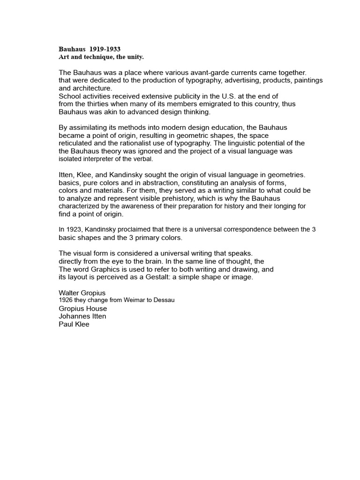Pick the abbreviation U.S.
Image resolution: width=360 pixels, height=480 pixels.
pos(236,96)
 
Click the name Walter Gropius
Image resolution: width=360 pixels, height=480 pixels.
pos(82,293)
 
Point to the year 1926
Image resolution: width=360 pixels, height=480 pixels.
pos(66,300)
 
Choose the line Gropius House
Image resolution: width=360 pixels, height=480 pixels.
pos(82,308)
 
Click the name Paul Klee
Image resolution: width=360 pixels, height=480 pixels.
pos(74,323)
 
